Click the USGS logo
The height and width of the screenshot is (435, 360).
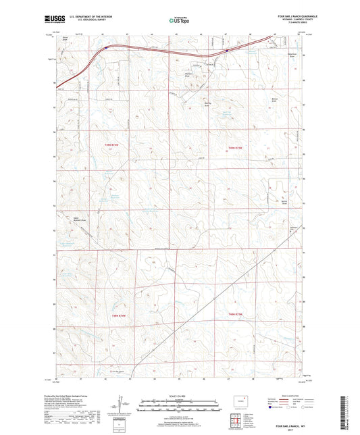pyautogui.click(x=54, y=20)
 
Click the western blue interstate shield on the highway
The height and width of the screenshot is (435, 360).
pyautogui.click(x=105, y=48)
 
